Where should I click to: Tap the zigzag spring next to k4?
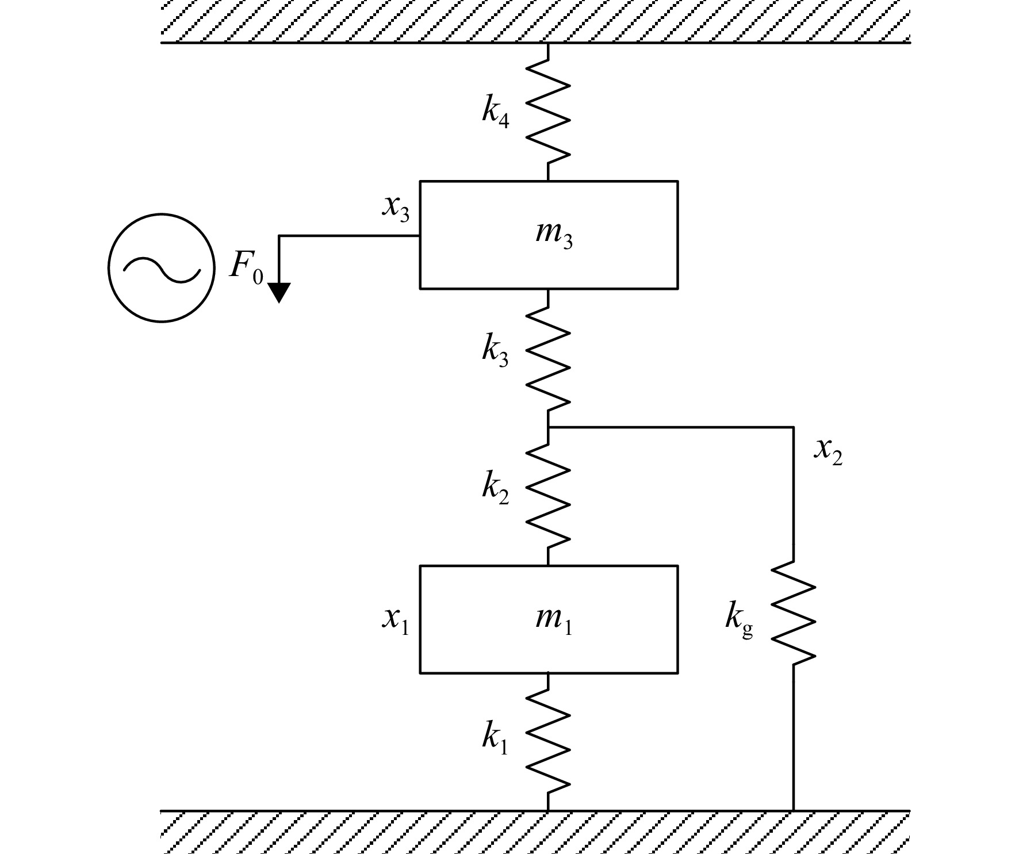pos(548,112)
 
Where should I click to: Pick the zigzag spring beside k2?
pos(548,496)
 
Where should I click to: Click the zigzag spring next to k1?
pos(548,742)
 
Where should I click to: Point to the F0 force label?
pos(246,267)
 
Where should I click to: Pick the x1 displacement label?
pos(396,620)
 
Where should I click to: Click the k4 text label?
pos(496,112)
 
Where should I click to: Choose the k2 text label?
pos(496,489)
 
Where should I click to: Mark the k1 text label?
pos(495,738)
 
